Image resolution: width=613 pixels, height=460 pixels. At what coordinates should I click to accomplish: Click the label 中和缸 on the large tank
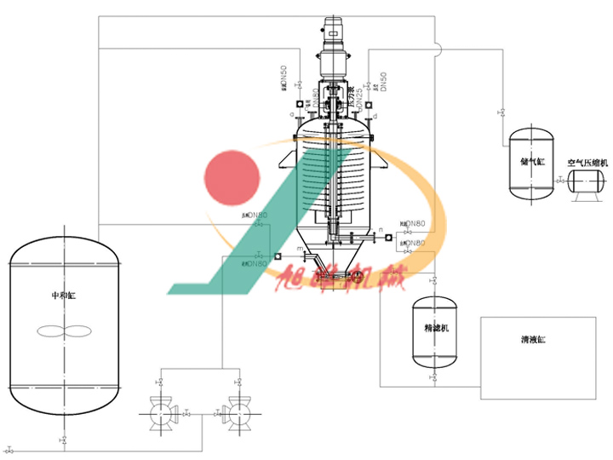64,296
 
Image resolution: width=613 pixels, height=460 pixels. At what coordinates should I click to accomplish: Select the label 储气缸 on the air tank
530,160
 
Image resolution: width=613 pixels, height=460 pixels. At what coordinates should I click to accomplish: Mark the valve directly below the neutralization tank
64,440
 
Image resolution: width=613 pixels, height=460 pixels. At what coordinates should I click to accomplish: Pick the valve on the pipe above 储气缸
501,112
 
